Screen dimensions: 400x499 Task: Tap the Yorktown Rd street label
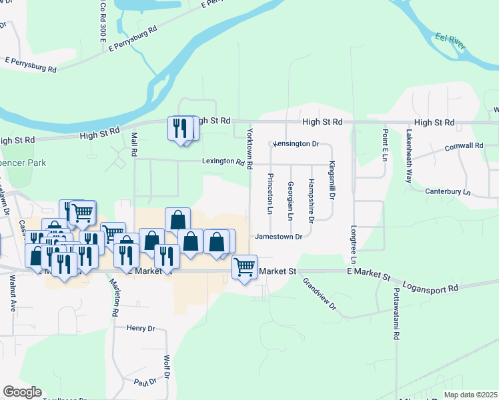(x=250, y=147)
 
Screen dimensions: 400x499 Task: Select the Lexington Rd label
(x=223, y=161)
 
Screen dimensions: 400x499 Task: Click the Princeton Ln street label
(x=270, y=193)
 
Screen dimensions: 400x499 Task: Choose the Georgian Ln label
(x=290, y=201)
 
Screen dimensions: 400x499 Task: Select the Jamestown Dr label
(x=279, y=236)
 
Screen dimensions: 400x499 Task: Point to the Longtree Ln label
(x=354, y=244)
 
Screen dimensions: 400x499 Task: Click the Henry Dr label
(x=140, y=328)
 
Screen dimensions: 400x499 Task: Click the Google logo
(x=22, y=392)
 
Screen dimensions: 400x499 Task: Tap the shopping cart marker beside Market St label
(x=245, y=267)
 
